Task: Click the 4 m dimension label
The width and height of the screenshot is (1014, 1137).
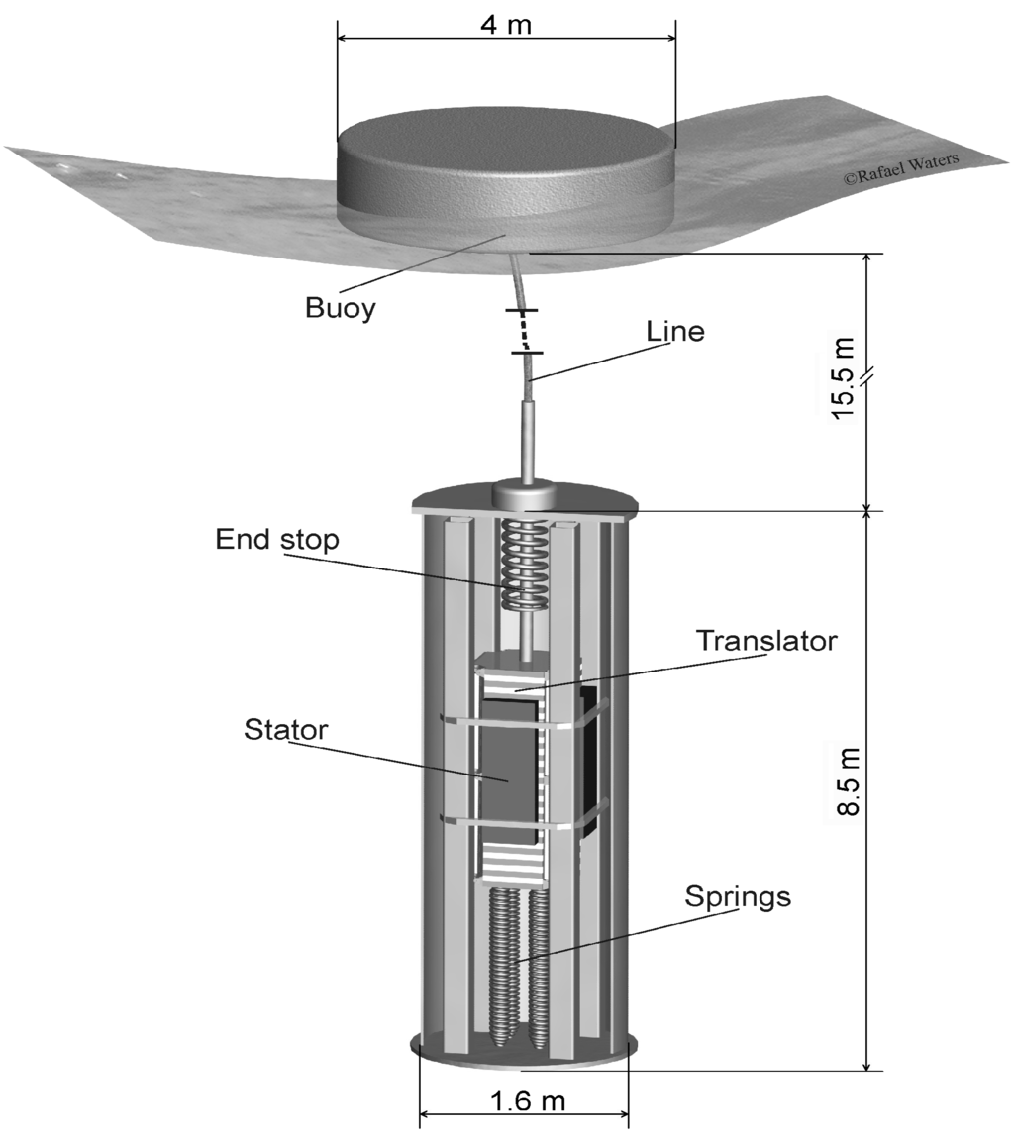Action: tap(507, 24)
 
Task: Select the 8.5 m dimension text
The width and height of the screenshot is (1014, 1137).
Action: tap(844, 780)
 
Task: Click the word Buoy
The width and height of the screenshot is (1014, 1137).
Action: tap(340, 308)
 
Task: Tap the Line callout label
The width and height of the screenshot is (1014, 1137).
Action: tap(674, 331)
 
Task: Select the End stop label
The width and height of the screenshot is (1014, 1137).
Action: tap(276, 540)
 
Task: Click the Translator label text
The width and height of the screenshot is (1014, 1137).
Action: tap(766, 640)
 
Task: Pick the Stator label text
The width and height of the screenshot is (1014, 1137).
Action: tap(285, 731)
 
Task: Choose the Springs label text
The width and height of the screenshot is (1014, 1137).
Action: tap(738, 897)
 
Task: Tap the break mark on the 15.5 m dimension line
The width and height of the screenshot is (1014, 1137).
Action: tap(867, 377)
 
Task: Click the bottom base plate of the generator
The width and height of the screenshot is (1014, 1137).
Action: tap(522, 1048)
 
